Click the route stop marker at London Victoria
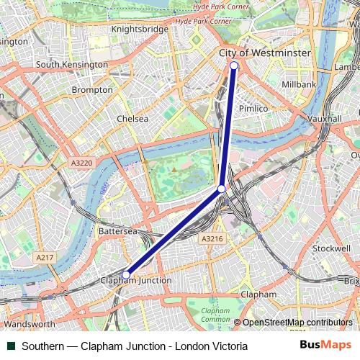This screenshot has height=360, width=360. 234,66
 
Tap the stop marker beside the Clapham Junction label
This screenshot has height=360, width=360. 126,274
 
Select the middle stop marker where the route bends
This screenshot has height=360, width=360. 222,189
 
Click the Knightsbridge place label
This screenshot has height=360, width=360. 140,29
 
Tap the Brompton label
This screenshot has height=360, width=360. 92,90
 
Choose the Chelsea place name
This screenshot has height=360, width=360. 132,119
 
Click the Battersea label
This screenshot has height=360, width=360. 117,232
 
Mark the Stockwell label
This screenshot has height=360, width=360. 331,248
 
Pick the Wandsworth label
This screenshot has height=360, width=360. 29,324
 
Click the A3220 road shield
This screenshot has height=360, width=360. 81,163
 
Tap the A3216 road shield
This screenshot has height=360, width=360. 212,238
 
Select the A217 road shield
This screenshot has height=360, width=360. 45,257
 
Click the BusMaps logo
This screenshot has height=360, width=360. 325,346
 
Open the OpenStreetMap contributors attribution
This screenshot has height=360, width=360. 297,323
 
